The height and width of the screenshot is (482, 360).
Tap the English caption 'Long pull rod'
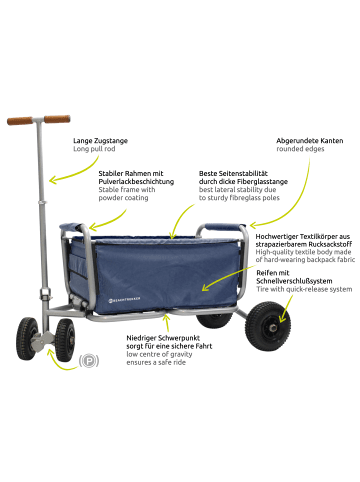coord(95,151)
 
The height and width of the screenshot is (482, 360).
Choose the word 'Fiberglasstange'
coord(234,181)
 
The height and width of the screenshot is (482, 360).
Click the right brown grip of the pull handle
coord(57,119)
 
